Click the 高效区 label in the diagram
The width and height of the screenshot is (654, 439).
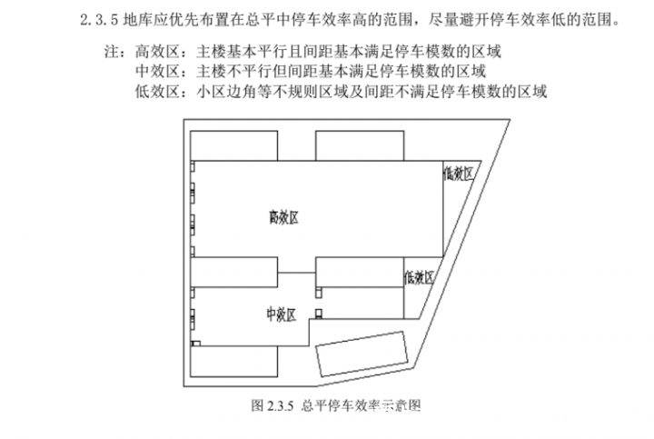click(283, 217)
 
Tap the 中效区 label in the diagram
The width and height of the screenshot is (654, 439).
click(282, 314)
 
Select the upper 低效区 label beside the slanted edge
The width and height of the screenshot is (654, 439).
click(459, 174)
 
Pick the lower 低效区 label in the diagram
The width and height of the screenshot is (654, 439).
click(419, 277)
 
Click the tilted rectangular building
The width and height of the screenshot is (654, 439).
click(362, 354)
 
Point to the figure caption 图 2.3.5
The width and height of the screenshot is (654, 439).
click(272, 405)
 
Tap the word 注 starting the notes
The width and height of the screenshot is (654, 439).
click(112, 52)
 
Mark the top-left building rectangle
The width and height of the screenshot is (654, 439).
click(234, 145)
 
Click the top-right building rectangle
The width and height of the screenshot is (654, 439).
click(360, 145)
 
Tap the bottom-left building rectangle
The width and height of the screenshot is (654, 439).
click(234, 362)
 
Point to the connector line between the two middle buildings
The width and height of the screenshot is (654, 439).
click(296, 273)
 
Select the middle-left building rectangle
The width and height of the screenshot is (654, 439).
click(234, 272)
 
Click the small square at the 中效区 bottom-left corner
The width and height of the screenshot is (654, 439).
click(196, 344)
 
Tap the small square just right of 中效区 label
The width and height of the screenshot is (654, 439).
click(319, 314)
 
